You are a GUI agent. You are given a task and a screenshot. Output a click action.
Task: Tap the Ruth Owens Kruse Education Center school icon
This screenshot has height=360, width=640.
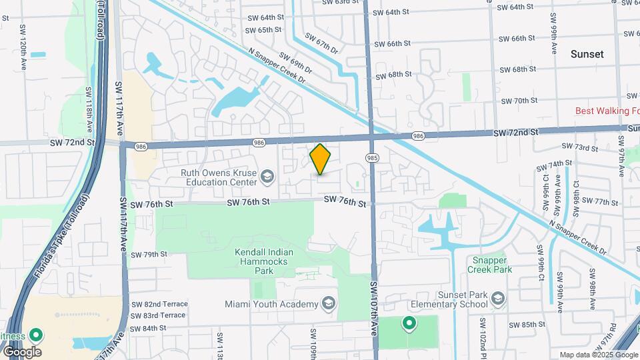tap(267, 176)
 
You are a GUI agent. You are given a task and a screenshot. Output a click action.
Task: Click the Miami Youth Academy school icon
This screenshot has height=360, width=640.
tap(328, 304)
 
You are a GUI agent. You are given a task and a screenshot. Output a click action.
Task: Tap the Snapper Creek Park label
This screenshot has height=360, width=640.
tap(491, 265)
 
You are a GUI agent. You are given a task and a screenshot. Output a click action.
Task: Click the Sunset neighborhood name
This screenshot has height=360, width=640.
tap(587, 54)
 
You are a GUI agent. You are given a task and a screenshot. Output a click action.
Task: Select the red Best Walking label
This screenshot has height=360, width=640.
tap(607, 111)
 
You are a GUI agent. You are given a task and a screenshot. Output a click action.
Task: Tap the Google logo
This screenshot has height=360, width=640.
tap(22, 351)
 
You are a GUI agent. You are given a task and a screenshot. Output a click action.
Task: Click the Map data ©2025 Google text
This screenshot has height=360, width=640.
tap(598, 355)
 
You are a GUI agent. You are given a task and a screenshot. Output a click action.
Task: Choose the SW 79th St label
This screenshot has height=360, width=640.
tap(149, 254)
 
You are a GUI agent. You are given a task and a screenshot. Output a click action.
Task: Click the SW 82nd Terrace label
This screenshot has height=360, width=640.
tap(159, 304)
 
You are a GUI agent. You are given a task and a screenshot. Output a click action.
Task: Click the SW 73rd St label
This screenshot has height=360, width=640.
tap(576, 147)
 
